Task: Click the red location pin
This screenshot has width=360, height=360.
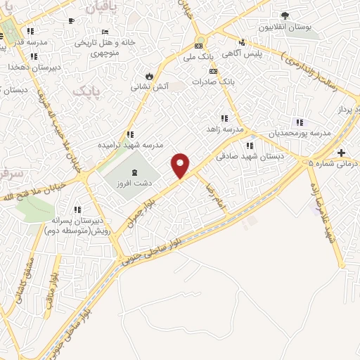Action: [181, 165]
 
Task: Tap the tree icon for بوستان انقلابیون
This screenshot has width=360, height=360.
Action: [285, 15]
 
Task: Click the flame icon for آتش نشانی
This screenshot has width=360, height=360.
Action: [148, 76]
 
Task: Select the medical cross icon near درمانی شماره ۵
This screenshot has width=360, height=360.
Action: [341, 153]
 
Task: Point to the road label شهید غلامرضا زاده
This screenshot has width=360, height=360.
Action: [320, 211]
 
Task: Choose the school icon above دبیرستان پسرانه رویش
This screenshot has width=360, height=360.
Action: [77, 209]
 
